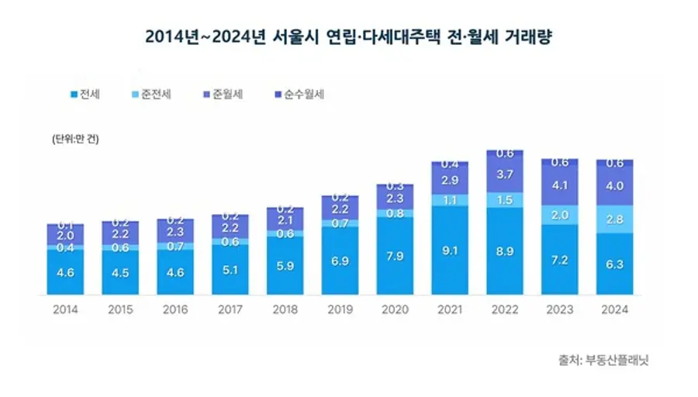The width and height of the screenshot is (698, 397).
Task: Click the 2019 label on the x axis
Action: tap(340, 309)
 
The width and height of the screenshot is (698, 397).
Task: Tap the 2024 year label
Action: tap(615, 309)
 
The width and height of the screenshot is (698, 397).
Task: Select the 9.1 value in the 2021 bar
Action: tap(451, 250)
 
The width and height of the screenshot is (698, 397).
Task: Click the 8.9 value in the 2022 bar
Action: tap(505, 251)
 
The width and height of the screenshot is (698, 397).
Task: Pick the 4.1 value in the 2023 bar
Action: tap(560, 187)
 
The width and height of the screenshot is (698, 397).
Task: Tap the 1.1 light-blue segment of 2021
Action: tap(451, 199)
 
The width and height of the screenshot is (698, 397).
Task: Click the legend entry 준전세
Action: tap(150, 95)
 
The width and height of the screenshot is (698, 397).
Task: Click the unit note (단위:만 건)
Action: tap(76, 140)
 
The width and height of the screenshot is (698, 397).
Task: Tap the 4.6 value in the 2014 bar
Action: tap(66, 272)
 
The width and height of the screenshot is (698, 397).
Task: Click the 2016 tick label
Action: tap(176, 309)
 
